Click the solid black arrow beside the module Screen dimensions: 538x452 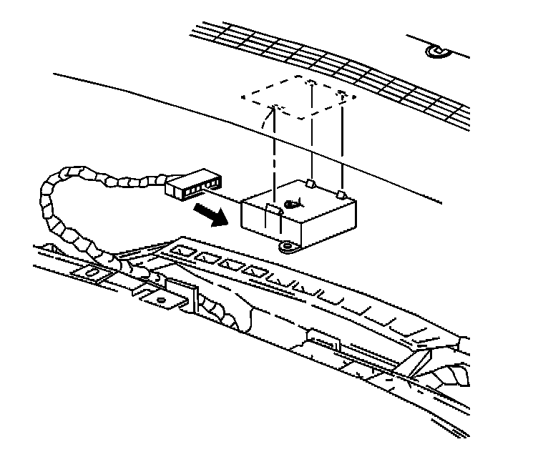tap(214, 212)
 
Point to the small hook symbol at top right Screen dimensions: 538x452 tap(435, 51)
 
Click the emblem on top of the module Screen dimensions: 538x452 tap(292, 205)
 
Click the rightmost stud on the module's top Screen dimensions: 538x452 tap(341, 193)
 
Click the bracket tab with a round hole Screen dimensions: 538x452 tap(162, 300)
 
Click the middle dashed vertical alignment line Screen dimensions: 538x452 tap(313, 136)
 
